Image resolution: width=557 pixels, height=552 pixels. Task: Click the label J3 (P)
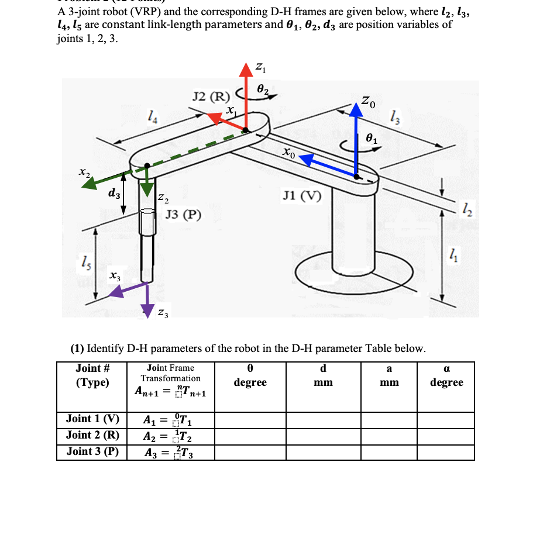(184, 215)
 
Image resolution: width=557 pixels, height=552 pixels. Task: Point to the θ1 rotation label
(372, 139)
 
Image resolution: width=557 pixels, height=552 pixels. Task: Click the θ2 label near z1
(263, 89)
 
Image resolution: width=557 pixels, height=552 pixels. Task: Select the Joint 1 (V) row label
(92, 419)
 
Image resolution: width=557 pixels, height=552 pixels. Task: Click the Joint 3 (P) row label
(92, 451)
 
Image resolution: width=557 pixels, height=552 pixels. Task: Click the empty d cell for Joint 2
(322, 436)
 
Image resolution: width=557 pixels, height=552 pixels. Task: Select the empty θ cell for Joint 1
(250, 419)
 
